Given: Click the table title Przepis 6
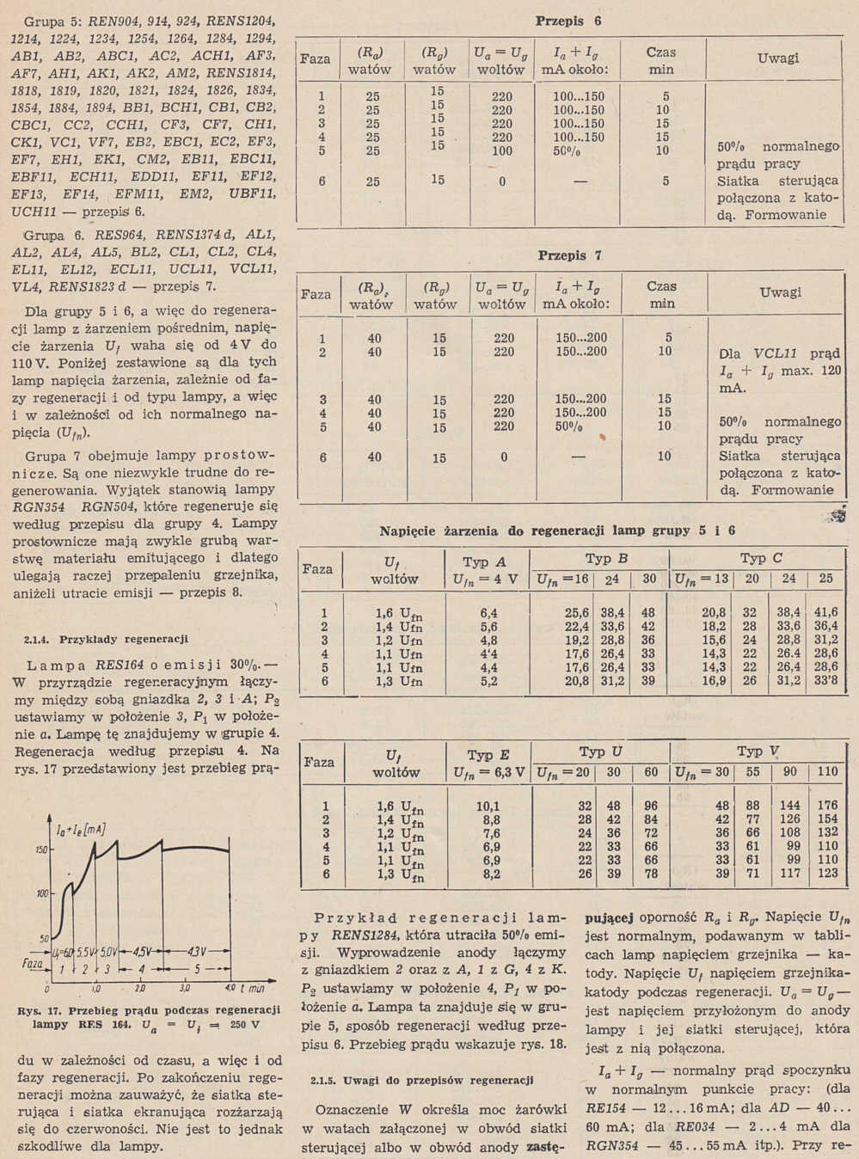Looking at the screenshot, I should click(x=568, y=21).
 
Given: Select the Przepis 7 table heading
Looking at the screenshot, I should click(x=569, y=255).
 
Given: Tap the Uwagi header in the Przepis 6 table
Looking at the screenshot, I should click(x=778, y=58).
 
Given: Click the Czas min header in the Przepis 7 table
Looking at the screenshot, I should click(x=662, y=295).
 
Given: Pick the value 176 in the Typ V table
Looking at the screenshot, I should click(x=827, y=806).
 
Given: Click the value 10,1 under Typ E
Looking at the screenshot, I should click(x=488, y=806).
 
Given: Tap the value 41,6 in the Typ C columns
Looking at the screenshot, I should click(x=825, y=613).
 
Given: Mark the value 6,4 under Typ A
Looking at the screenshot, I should click(x=488, y=613).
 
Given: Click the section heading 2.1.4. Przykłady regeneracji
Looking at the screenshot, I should click(x=102, y=640).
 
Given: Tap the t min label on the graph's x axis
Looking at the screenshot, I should click(x=252, y=988).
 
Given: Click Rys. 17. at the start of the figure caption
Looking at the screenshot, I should click(x=36, y=1010).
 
